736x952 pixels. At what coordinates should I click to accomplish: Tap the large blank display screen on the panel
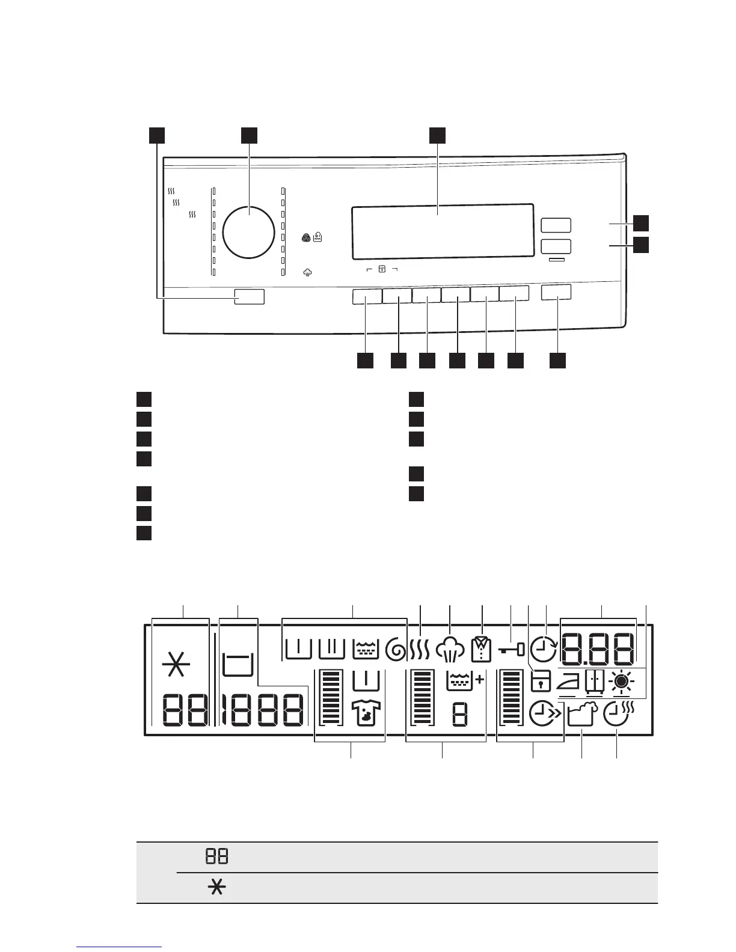443,230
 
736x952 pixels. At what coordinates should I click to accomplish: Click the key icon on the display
512,650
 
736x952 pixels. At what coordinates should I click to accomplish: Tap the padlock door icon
541,682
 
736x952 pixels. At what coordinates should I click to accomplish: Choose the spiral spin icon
396,650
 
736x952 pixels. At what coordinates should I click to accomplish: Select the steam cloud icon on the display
451,650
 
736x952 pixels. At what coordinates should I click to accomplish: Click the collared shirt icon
482,650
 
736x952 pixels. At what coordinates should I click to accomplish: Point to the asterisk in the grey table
216,888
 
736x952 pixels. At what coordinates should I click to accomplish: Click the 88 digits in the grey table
216,856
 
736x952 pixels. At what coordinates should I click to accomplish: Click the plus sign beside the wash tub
479,680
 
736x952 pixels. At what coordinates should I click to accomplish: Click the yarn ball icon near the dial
307,238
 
